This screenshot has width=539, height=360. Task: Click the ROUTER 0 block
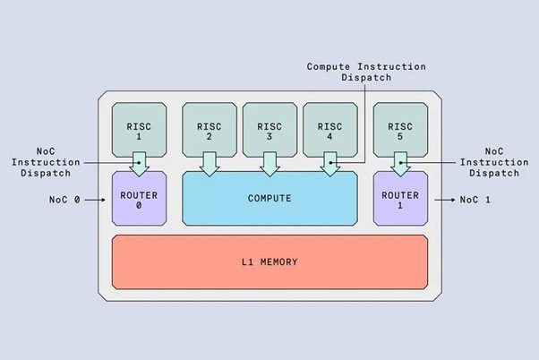click(138, 198)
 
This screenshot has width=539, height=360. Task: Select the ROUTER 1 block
click(400, 198)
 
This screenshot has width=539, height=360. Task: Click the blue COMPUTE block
click(269, 198)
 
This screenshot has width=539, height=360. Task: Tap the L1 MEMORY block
click(269, 261)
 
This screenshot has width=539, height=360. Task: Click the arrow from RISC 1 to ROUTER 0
click(138, 164)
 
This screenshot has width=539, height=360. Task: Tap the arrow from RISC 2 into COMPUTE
click(209, 164)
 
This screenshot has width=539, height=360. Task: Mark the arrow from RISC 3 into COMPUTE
click(269, 164)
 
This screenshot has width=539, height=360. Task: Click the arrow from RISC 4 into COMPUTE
click(329, 164)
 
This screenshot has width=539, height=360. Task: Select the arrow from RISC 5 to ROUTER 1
click(400, 164)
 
